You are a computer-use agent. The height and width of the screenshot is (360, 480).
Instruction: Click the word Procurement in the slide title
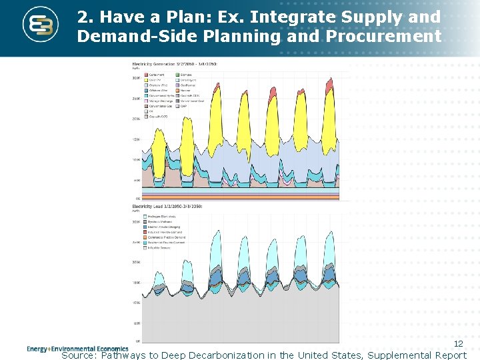click(x=384, y=36)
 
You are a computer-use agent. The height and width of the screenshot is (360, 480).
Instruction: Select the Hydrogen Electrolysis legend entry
click(x=161, y=217)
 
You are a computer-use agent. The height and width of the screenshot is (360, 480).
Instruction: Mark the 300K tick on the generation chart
click(x=137, y=78)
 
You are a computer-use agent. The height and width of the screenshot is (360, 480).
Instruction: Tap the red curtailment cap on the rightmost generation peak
click(x=328, y=87)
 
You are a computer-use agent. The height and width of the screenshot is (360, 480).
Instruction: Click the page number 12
click(x=458, y=343)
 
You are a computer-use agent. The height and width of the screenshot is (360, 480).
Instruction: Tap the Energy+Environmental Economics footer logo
click(x=77, y=349)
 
